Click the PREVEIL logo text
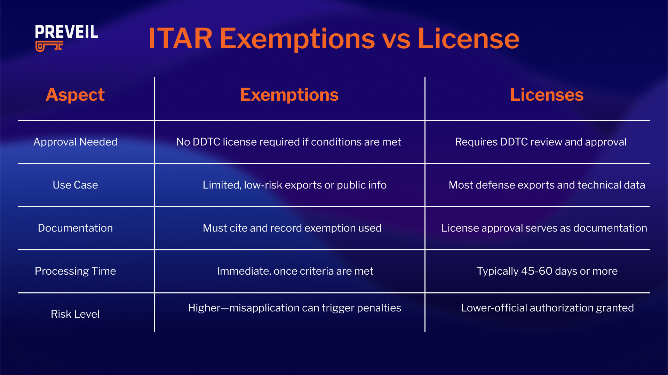point(66,32)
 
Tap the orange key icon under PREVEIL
point(49,46)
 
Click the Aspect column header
point(75,94)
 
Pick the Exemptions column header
point(289,94)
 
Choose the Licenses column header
point(547,94)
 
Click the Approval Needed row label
point(75,142)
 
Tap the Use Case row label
point(75,185)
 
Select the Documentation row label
point(75,228)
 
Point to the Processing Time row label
point(75,271)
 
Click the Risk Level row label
point(75,314)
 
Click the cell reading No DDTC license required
point(288,142)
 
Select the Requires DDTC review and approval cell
point(541,142)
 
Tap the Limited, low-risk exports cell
point(294,185)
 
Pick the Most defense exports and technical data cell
point(547,185)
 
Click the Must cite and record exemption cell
point(292,228)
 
